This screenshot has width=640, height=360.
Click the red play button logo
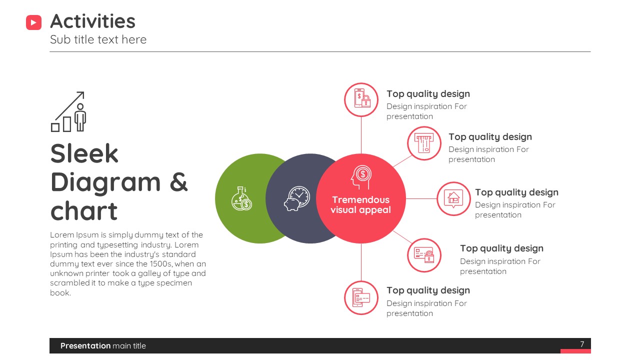coord(33,22)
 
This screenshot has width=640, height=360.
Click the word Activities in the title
coord(92,21)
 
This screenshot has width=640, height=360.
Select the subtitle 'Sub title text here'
coord(98,39)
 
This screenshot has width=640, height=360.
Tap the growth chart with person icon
coord(68,111)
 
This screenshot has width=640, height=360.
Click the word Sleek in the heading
coord(84,153)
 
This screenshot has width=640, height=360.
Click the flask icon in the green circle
coord(241,198)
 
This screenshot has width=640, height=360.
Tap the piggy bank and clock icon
coord(297,198)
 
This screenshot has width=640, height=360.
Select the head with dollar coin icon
coord(361,177)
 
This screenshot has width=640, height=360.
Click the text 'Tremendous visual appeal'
coord(360,204)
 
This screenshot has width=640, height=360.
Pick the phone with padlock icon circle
coord(361,99)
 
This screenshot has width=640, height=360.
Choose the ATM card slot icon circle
coord(424,143)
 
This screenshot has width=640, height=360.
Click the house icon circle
coord(453,198)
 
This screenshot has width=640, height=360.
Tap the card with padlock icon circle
coord(424,255)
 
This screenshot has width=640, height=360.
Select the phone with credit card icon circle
coord(361,297)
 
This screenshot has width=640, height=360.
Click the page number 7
coord(582,344)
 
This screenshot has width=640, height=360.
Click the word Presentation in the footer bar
coord(85,345)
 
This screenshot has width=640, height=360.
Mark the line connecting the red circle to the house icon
coord(421,198)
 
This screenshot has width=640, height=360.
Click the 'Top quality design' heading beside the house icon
coord(516,192)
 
